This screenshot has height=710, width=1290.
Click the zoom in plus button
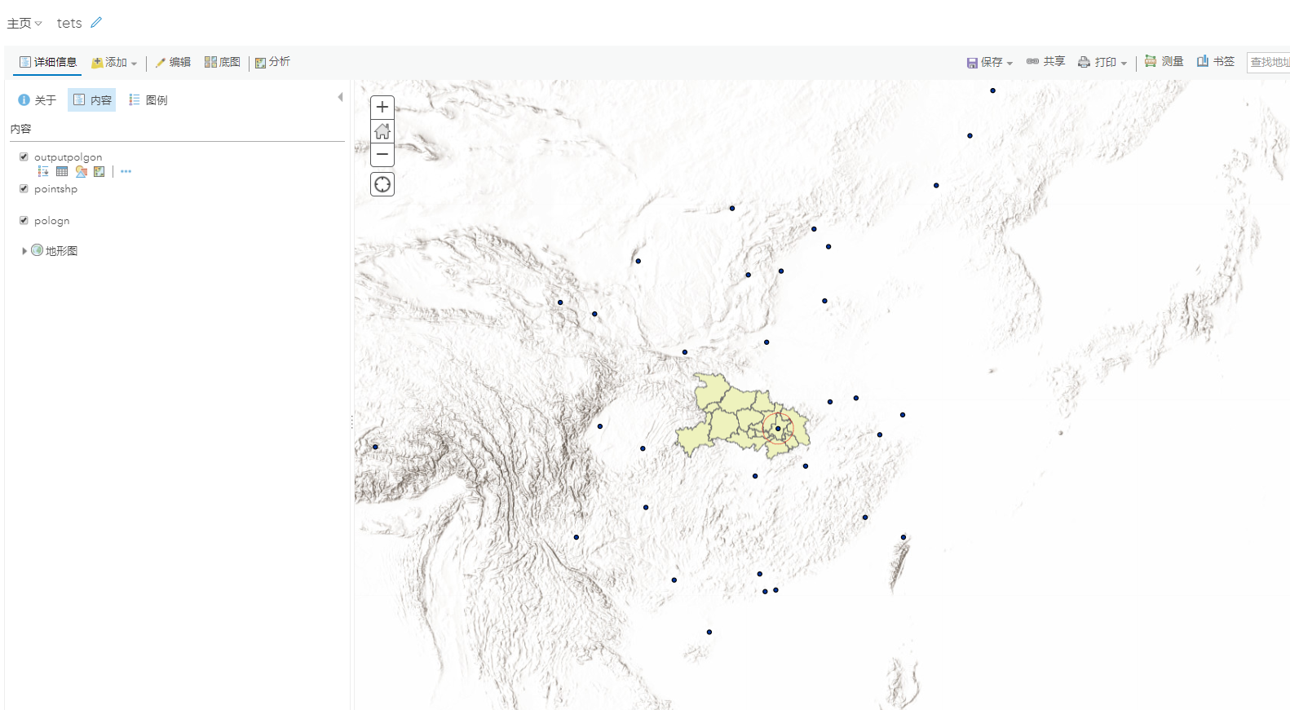point(382,108)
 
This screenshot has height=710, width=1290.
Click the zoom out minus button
point(382,154)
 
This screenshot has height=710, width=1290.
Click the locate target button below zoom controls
point(382,184)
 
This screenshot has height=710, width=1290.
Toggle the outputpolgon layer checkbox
point(24,157)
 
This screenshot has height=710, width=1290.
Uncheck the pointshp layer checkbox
point(24,188)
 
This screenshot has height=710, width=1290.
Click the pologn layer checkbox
point(24,220)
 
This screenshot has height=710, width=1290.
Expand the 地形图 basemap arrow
point(24,251)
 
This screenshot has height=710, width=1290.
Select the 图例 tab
point(148,100)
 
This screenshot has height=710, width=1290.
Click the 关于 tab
point(38,100)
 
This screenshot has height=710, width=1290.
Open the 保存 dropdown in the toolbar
point(990,62)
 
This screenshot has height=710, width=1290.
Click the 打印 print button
point(1102,62)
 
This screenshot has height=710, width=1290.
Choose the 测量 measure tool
point(1164,61)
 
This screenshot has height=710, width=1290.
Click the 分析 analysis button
point(272,62)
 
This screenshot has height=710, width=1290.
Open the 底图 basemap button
point(222,62)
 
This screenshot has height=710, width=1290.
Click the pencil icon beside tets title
point(96,23)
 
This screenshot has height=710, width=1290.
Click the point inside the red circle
point(778,428)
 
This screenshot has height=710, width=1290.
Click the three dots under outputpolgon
point(126,171)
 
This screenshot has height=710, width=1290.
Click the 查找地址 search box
point(1268,62)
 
